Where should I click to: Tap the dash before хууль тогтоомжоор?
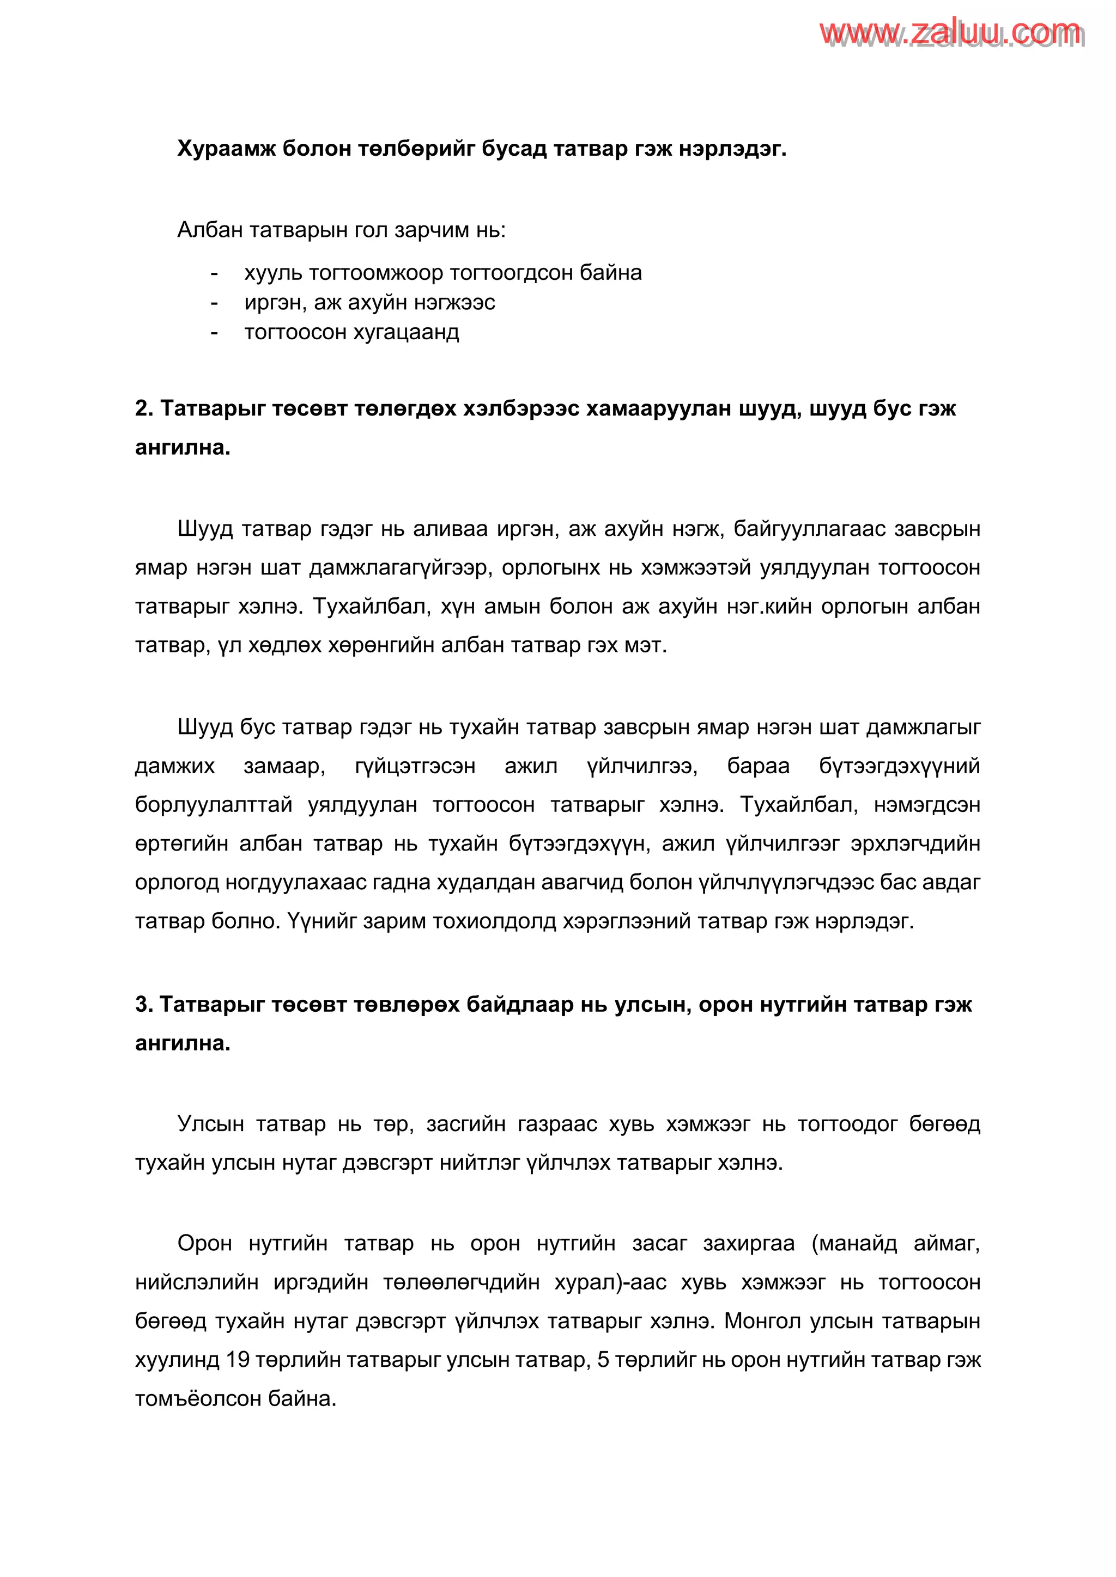point(214,273)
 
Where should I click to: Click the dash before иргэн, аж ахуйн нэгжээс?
point(214,303)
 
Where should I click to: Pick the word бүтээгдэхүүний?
point(899,766)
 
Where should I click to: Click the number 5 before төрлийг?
point(603,1360)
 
